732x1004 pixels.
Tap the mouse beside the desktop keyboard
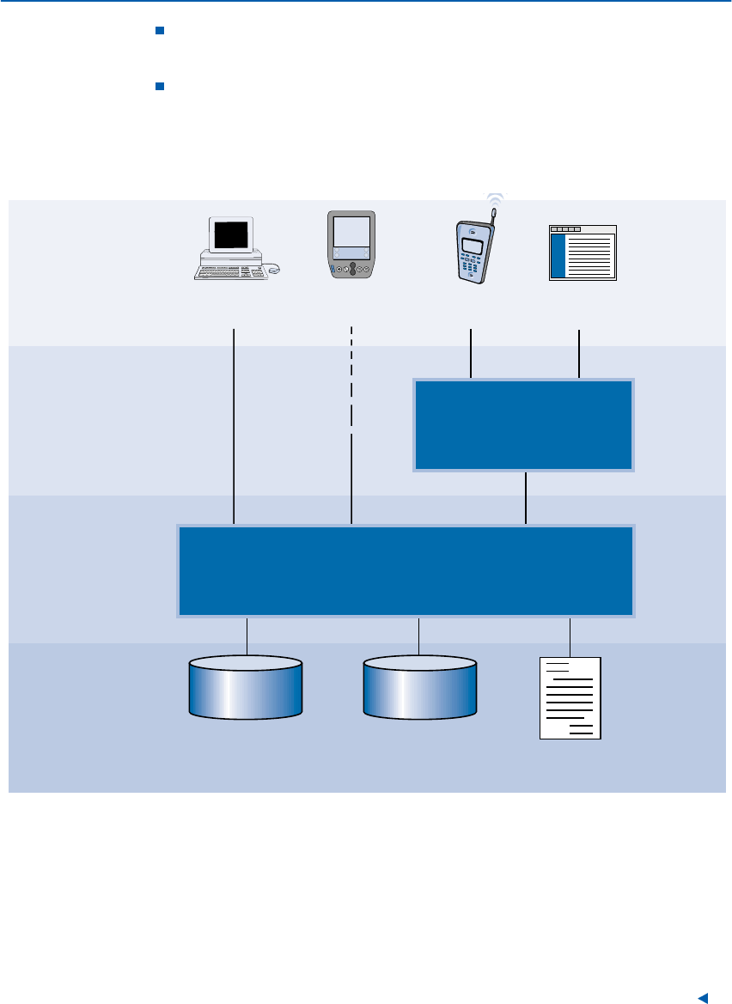(273, 270)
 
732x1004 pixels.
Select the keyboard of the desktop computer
(225, 272)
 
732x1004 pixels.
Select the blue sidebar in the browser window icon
(558, 255)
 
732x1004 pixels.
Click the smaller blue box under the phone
(524, 425)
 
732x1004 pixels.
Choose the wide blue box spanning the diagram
(406, 571)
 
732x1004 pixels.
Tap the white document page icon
(570, 697)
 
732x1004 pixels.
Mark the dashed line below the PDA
(351, 378)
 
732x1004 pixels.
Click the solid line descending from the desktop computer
(234, 425)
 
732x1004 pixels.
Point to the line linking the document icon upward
(570, 636)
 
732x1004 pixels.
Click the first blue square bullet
(159, 32)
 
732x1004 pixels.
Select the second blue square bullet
(159, 86)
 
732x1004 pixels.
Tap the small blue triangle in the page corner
(702, 997)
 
